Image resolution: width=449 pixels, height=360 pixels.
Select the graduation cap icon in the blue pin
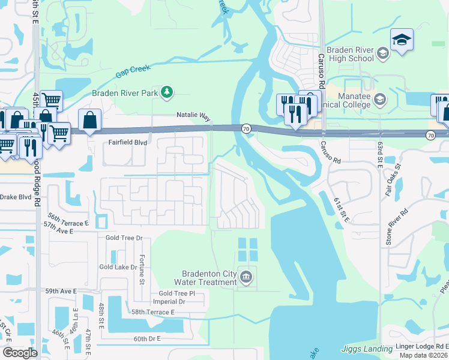402,40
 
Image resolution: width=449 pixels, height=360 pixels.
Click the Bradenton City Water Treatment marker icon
246,277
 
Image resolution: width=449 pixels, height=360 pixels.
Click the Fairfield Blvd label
127,142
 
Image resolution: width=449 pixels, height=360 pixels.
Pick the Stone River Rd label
397,221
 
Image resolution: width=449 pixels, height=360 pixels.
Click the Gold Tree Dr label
124,238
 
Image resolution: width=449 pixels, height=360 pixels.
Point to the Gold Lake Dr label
119,267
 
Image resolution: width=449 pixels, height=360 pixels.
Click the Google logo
20,353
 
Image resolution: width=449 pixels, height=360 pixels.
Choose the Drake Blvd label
15,197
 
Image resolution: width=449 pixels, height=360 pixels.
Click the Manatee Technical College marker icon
379,98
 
